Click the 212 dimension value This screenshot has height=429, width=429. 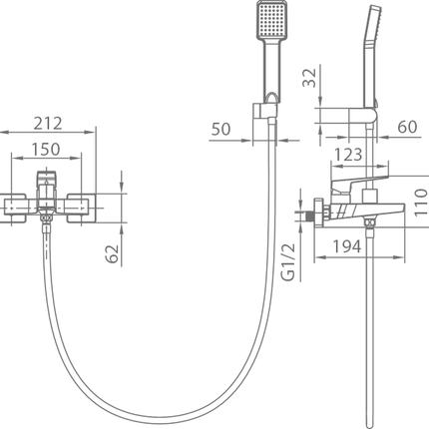(48, 124)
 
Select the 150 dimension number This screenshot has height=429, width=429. (46, 150)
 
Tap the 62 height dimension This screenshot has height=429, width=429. (113, 253)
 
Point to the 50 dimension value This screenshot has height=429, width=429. (220, 129)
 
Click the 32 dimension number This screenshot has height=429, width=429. (309, 78)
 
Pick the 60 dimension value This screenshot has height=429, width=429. (407, 127)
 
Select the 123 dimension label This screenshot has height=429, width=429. (348, 155)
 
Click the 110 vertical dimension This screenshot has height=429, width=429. (421, 203)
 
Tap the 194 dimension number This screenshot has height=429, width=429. (347, 246)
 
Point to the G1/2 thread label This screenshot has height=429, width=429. (288, 262)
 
